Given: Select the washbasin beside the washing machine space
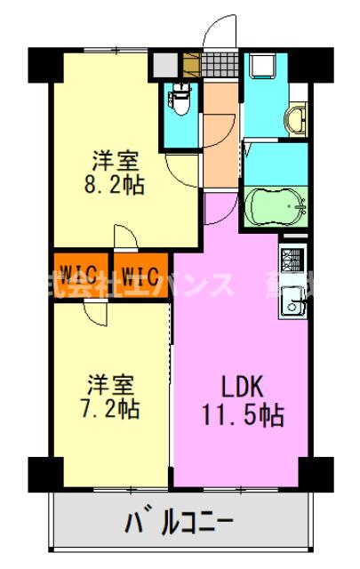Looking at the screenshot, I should coord(296,117).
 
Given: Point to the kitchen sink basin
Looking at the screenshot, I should coord(292,307).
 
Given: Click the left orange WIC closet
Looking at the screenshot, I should coord(80,271).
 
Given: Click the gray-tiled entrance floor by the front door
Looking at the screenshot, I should coord(218,64).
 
